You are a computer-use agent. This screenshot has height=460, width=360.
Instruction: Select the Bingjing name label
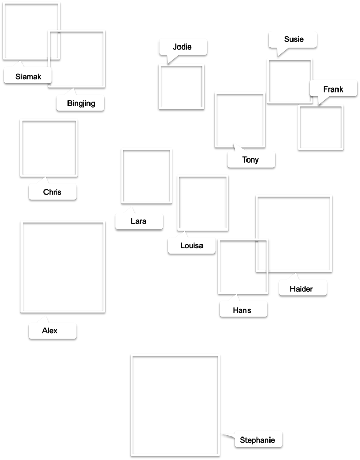click(x=81, y=103)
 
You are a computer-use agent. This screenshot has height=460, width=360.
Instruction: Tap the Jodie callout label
click(x=183, y=47)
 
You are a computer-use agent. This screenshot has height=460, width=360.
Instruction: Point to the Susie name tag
click(x=294, y=39)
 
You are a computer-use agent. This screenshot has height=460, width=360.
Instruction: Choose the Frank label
click(x=333, y=89)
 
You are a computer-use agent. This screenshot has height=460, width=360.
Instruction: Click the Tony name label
click(x=251, y=160)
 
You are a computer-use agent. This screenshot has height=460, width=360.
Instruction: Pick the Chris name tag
click(x=52, y=192)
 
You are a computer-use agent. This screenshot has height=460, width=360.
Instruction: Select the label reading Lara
click(x=139, y=221)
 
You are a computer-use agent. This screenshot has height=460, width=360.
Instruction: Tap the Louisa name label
click(x=192, y=246)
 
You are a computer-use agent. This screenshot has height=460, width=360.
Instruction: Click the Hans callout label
click(x=242, y=310)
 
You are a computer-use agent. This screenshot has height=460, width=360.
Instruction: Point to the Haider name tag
click(x=302, y=289)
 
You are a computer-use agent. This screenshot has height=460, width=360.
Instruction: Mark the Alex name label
click(x=50, y=331)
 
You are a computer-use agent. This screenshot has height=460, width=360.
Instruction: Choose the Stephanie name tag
click(x=257, y=440)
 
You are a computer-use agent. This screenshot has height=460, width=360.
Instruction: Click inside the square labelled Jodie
click(x=182, y=86)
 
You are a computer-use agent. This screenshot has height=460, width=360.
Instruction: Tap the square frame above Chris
click(x=49, y=147)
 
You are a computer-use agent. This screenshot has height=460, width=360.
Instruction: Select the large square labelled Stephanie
click(x=175, y=404)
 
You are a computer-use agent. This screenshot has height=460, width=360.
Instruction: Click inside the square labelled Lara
click(x=146, y=175)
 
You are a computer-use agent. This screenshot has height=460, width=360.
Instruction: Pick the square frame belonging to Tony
click(x=240, y=119)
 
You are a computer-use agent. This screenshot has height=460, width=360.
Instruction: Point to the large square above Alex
click(x=63, y=266)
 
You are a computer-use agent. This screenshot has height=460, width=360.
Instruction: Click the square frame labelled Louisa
click(x=202, y=202)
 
